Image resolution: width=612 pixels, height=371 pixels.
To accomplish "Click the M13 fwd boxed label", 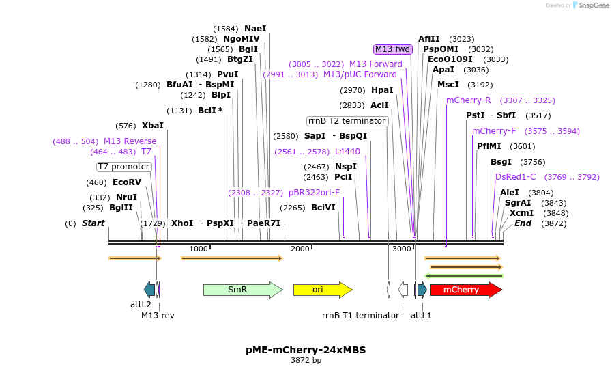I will [x=393, y=49].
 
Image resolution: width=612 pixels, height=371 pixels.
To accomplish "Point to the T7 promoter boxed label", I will [x=123, y=167].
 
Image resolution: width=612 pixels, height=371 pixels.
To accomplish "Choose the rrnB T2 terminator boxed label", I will [x=347, y=121].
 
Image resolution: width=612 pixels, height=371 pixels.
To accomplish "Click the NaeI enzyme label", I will [x=255, y=29].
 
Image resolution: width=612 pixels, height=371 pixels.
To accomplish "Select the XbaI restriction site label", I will [x=153, y=126].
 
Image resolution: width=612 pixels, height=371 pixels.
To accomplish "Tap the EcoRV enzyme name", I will [x=127, y=182].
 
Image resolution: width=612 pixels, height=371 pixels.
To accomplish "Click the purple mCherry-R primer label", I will [x=469, y=100].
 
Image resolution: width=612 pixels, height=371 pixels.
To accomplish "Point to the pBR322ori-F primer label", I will [x=314, y=193].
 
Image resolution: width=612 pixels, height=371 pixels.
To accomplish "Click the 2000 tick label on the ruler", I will [x=300, y=249].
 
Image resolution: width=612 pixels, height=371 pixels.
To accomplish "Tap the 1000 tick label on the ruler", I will [x=199, y=249].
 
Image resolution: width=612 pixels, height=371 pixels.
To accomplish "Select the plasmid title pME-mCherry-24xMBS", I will [x=306, y=350].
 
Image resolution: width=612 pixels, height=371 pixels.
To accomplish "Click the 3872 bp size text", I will [x=306, y=361].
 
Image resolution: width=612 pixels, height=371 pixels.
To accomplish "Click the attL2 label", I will [x=141, y=304].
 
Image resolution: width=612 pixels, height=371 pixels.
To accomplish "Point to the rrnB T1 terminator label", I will [x=360, y=316].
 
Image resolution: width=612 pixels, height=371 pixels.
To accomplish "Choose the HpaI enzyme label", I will [x=382, y=90].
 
